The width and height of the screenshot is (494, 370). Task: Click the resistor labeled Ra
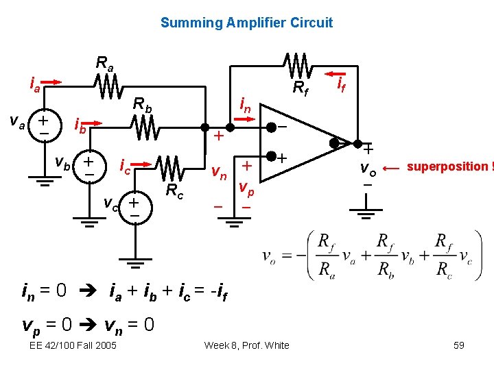[108, 86]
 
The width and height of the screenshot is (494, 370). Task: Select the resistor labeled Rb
[145, 127]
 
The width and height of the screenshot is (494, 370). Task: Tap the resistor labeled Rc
[170, 169]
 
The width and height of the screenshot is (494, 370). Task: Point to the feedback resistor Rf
[298, 66]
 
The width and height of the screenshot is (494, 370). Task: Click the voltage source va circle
[45, 126]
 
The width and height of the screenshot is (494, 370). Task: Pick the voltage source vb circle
[90, 166]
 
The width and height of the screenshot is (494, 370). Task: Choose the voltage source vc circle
[135, 208]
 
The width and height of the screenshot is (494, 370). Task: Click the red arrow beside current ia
[51, 82]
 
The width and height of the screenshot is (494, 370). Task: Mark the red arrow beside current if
[336, 74]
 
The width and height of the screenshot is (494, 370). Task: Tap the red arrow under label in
[244, 119]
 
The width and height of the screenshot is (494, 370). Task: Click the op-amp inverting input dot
[271, 127]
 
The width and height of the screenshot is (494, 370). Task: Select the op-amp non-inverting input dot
[271, 156]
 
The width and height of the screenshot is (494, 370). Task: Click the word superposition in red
[447, 166]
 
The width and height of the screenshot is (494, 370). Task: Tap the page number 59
[459, 345]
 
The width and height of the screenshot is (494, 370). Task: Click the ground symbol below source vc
[135, 263]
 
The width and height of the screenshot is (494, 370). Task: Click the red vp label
[246, 189]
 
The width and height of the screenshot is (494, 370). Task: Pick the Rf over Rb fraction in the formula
[386, 256]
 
